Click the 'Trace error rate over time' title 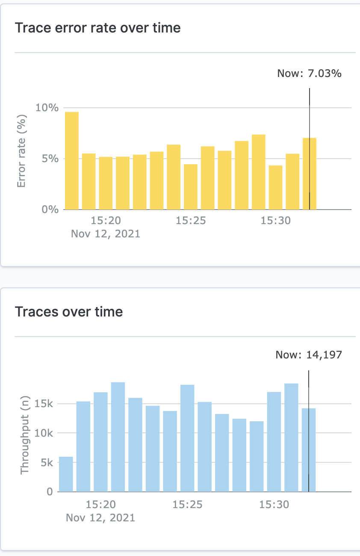click(97, 28)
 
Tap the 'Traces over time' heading click(69, 312)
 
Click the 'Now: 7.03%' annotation click(309, 74)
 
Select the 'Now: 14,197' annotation click(309, 355)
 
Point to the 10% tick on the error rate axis click(47, 107)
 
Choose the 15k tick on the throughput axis click(44, 404)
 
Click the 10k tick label click(44, 433)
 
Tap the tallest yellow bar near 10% click(72, 160)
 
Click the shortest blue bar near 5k click(66, 474)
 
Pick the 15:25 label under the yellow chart click(191, 221)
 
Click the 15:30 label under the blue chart click(274, 505)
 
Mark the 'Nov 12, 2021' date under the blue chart click(100, 518)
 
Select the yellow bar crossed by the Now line click(310, 174)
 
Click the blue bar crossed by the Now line click(309, 450)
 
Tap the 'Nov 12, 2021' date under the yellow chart click(106, 234)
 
